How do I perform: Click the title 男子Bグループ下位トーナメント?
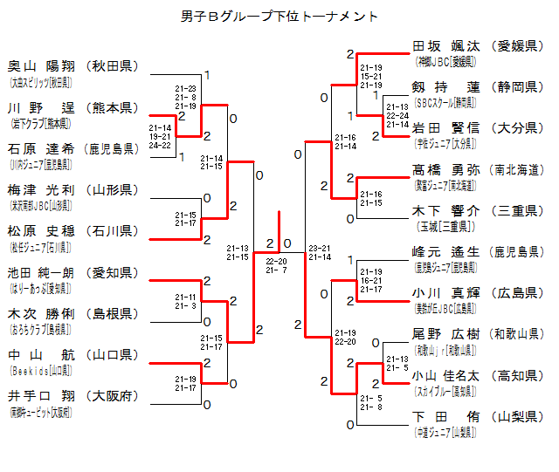click(x=279, y=16)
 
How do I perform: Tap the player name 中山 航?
click(x=40, y=354)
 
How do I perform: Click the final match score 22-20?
click(x=277, y=260)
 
